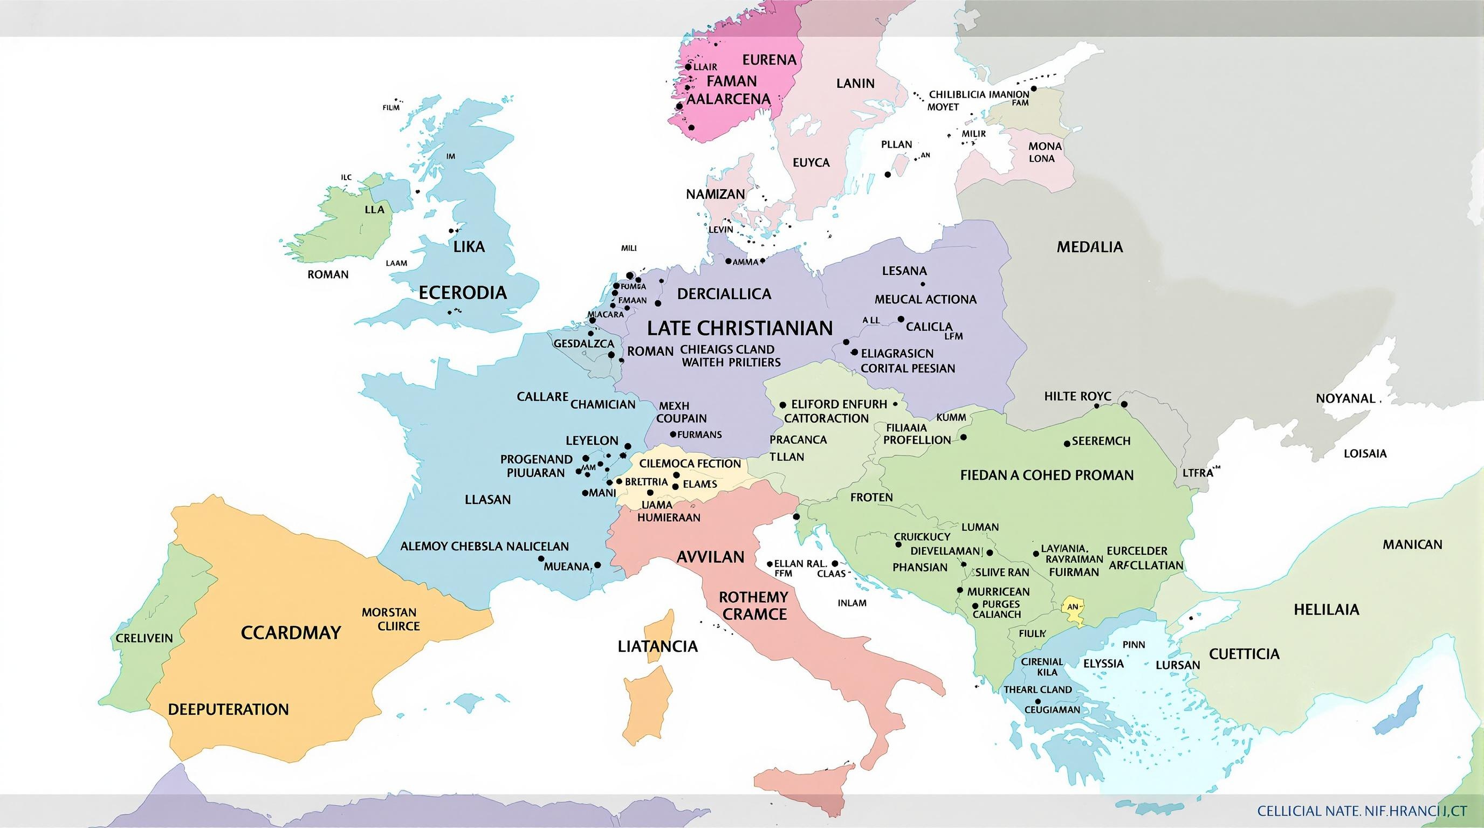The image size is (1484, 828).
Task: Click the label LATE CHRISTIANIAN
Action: click(x=740, y=328)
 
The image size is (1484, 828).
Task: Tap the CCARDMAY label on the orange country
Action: click(x=291, y=633)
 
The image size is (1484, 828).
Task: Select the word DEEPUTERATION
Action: click(x=228, y=709)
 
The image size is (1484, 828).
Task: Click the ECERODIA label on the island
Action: click(x=463, y=293)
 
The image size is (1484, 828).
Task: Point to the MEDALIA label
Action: click(x=1089, y=247)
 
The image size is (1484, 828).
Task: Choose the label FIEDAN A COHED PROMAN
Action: click(x=1047, y=475)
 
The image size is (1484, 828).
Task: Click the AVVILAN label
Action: click(x=710, y=557)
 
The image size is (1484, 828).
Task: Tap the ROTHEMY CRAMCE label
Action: click(x=753, y=605)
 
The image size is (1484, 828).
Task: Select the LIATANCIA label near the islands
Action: click(x=657, y=646)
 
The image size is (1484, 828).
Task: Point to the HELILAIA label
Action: click(x=1326, y=609)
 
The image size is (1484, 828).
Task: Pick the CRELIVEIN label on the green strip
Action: click(x=144, y=638)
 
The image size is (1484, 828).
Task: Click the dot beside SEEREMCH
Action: click(x=1067, y=443)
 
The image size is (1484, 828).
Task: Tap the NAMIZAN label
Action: click(x=716, y=194)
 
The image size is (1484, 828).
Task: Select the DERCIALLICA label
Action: click(x=724, y=294)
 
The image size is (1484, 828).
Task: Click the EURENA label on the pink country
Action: click(x=769, y=59)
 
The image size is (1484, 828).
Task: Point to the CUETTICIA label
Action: click(x=1244, y=653)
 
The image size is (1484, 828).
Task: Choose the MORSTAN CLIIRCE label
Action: click(x=389, y=619)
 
